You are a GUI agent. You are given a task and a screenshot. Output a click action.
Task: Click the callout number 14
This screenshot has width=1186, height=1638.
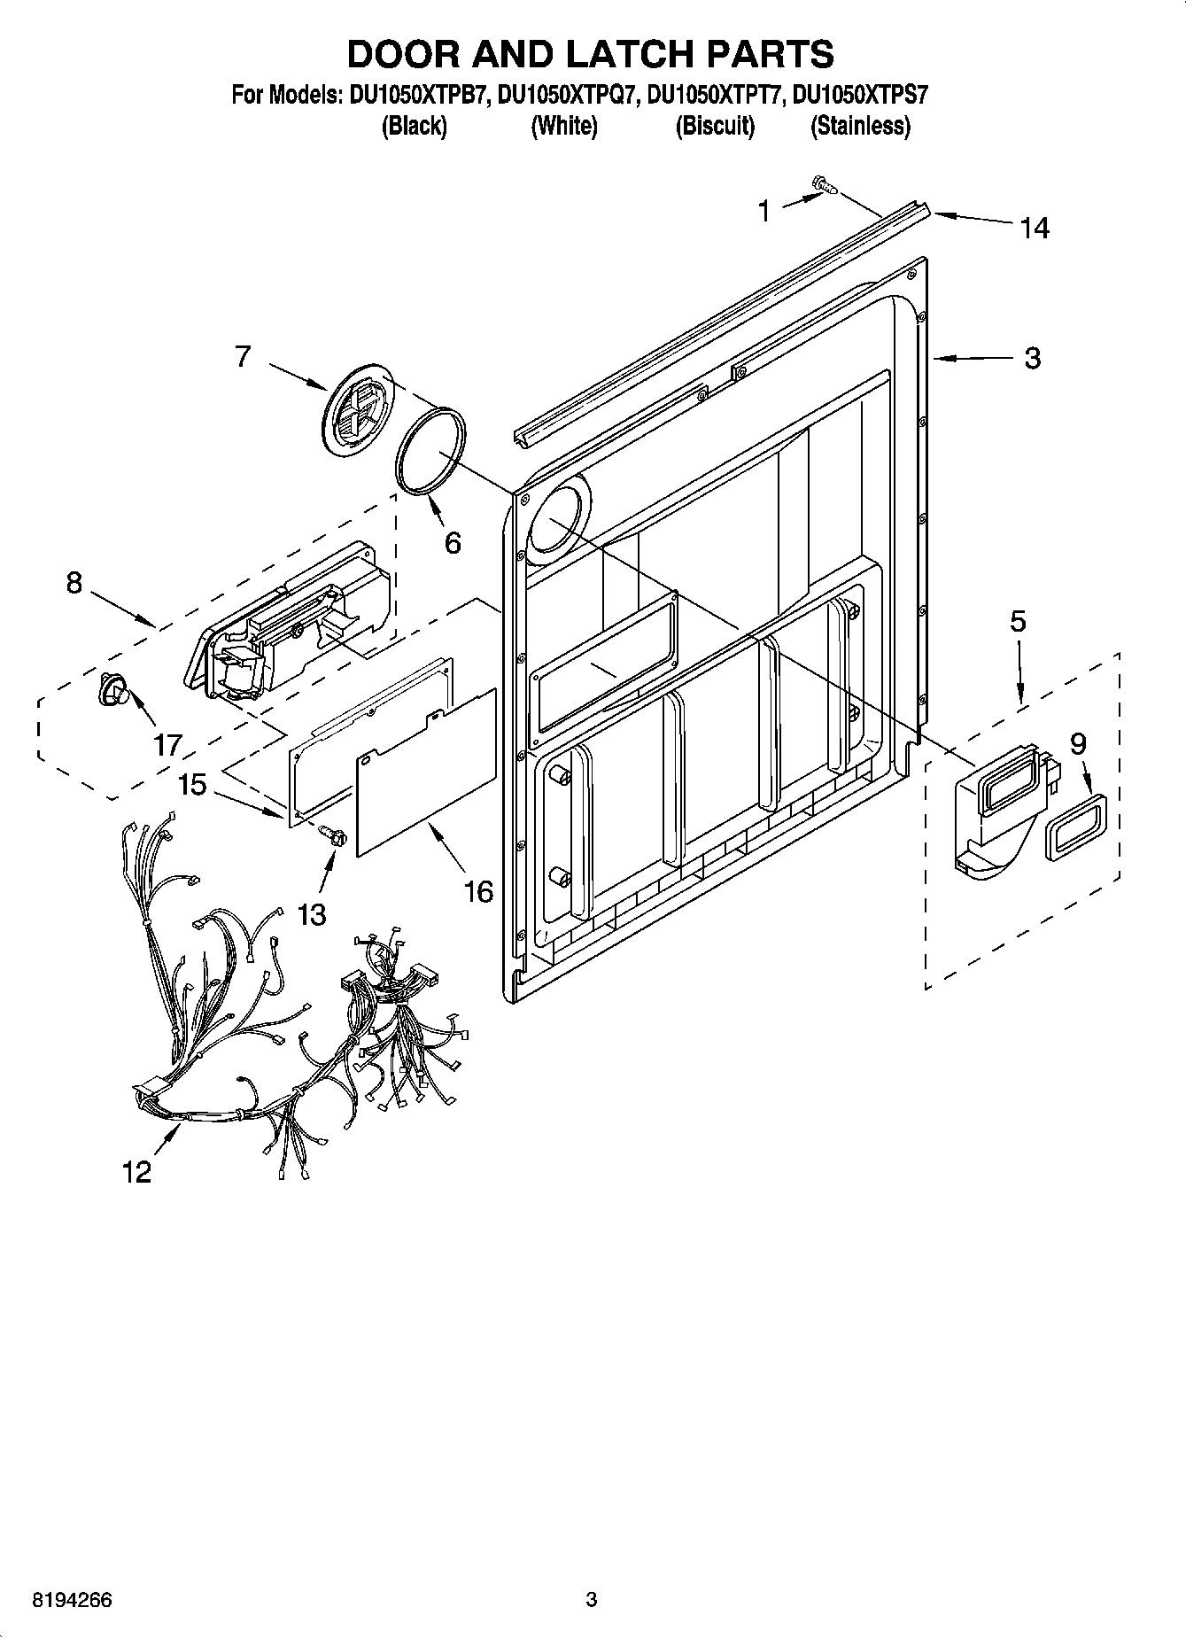(1034, 229)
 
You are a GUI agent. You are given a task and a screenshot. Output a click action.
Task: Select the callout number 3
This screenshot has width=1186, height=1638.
(1032, 359)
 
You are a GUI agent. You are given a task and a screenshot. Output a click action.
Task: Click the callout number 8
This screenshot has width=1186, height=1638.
(74, 582)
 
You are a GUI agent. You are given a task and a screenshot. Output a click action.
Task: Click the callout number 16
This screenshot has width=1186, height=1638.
(478, 891)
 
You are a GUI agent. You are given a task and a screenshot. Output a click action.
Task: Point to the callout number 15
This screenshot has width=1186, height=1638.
(192, 783)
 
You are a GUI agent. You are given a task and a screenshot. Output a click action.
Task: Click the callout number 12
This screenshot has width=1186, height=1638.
(137, 1172)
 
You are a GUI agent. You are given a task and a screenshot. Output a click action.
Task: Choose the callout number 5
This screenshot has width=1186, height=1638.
(1018, 621)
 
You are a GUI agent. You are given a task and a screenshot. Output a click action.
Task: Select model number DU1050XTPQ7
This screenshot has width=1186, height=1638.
(568, 95)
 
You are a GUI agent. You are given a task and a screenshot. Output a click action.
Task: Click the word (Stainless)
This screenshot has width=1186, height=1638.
(860, 127)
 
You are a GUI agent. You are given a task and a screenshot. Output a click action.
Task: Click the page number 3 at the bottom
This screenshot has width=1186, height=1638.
(592, 1599)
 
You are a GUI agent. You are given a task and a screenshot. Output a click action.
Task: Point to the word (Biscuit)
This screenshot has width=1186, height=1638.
(715, 127)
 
